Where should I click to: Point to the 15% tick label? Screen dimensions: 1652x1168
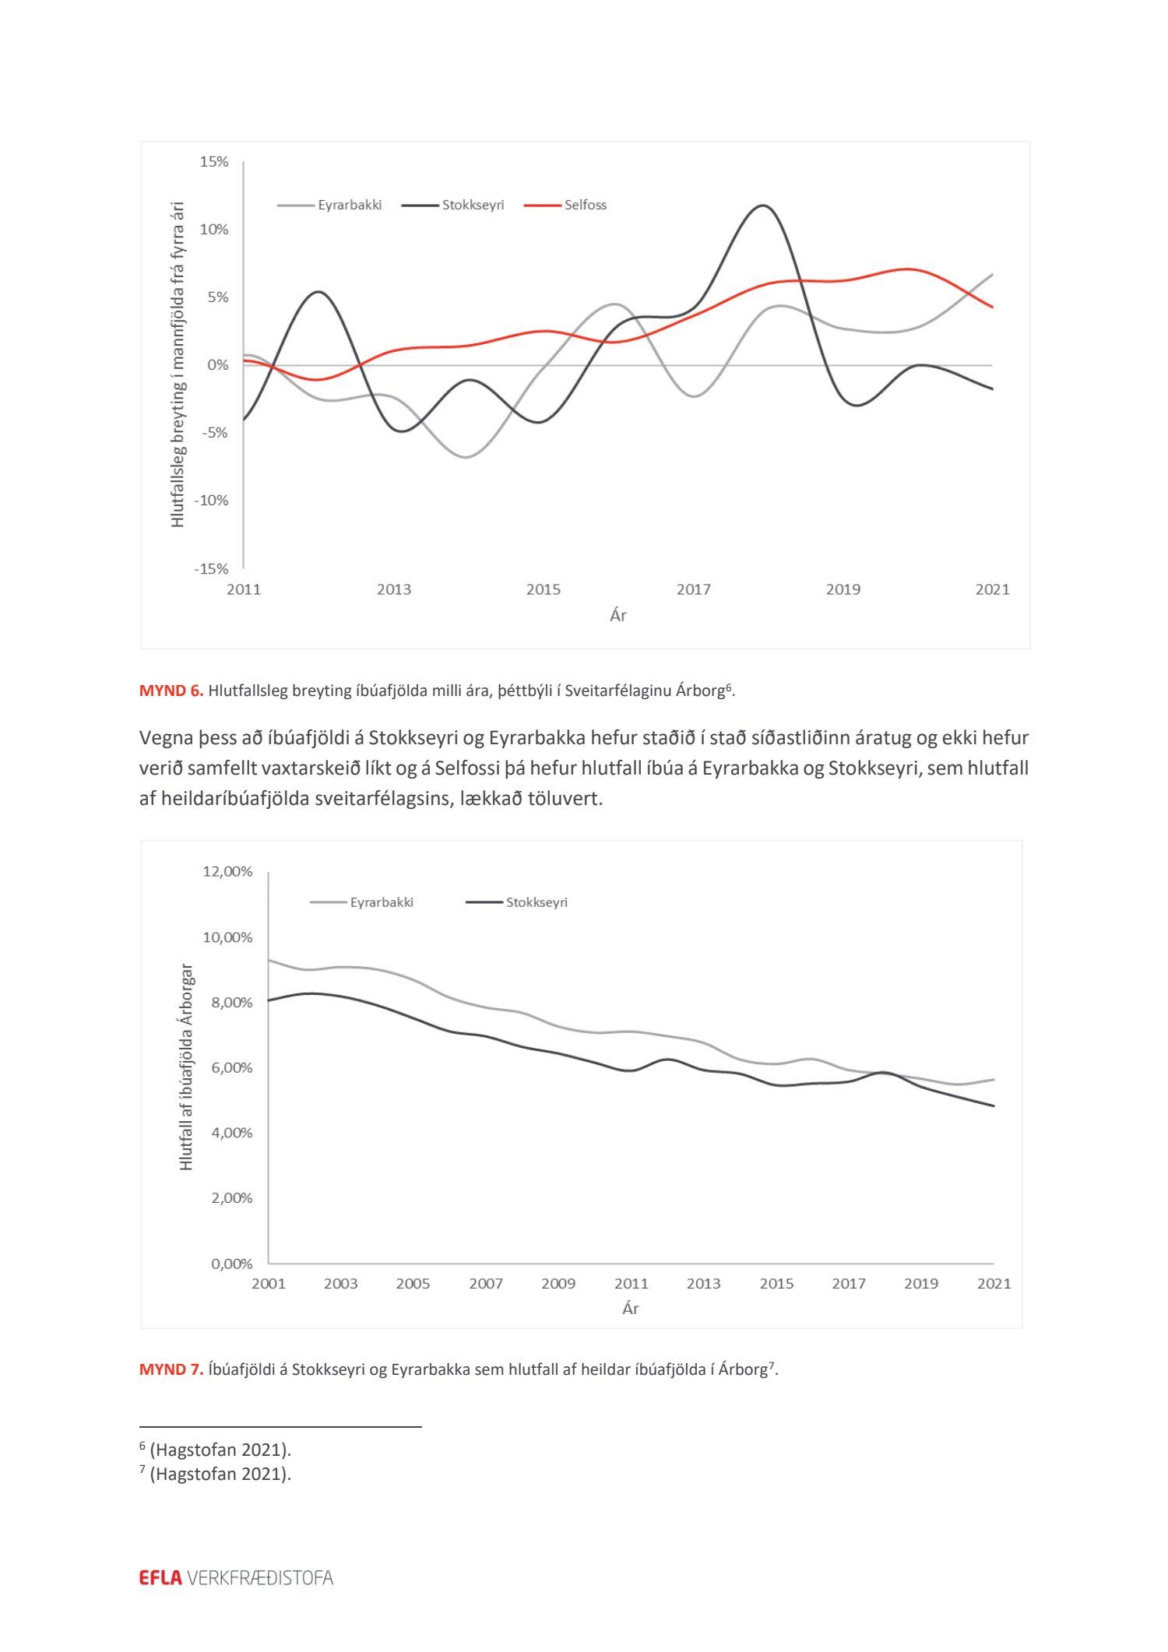(x=214, y=162)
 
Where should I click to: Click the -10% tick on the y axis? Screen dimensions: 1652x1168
(x=211, y=501)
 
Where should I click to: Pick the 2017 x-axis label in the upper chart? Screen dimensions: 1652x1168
(x=693, y=589)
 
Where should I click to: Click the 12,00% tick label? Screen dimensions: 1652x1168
(x=227, y=871)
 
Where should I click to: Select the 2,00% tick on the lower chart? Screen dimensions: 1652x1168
(x=231, y=1197)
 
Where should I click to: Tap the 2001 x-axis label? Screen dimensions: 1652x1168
(x=269, y=1283)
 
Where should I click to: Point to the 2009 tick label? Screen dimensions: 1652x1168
(x=558, y=1283)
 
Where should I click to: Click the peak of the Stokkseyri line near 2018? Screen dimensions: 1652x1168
(x=762, y=206)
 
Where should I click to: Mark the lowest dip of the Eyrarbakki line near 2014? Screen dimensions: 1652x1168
(x=466, y=457)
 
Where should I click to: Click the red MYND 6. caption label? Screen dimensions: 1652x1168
(x=171, y=691)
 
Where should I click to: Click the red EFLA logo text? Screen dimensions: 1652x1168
(x=160, y=1577)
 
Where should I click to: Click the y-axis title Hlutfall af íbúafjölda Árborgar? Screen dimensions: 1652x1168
(x=186, y=1067)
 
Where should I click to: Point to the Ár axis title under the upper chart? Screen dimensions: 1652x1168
(x=617, y=616)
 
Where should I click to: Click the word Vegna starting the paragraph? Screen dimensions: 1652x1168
(x=165, y=737)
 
